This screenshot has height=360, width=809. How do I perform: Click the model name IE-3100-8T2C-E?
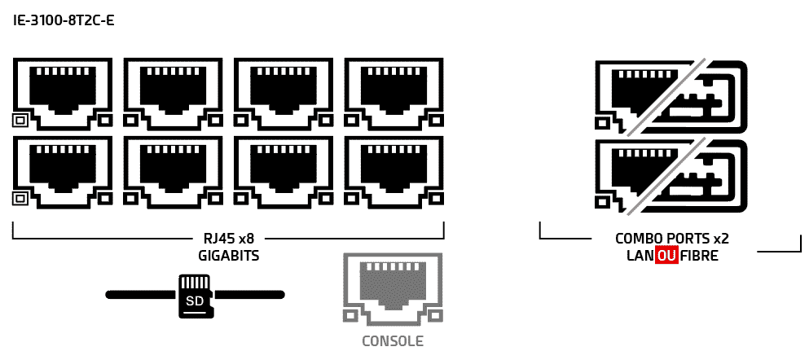coord(64,20)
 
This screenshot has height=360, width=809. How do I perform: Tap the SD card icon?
coord(195,296)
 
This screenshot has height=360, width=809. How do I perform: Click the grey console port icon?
coord(392,289)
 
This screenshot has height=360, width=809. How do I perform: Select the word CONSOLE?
coord(392,341)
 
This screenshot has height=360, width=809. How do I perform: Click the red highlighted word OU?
coord(666,255)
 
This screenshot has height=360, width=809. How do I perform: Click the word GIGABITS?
coord(228,255)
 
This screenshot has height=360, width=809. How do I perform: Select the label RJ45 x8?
coord(228,239)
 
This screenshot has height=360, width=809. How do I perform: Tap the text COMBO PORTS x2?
coord(671,239)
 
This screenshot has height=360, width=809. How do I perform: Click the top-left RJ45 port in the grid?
coord(63,93)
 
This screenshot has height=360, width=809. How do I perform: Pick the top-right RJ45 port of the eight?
coord(393,93)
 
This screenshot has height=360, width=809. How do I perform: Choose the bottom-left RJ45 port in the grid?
coord(63,171)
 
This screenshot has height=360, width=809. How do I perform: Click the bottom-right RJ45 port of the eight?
coord(393,171)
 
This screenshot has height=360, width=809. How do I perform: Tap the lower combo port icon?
coord(671,177)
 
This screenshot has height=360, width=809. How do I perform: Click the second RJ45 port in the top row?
coord(173,93)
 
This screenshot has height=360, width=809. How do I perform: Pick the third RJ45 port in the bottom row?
coord(283,171)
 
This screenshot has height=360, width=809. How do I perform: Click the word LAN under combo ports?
coord(640,255)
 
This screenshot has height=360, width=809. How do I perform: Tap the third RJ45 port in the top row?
coord(283,93)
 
